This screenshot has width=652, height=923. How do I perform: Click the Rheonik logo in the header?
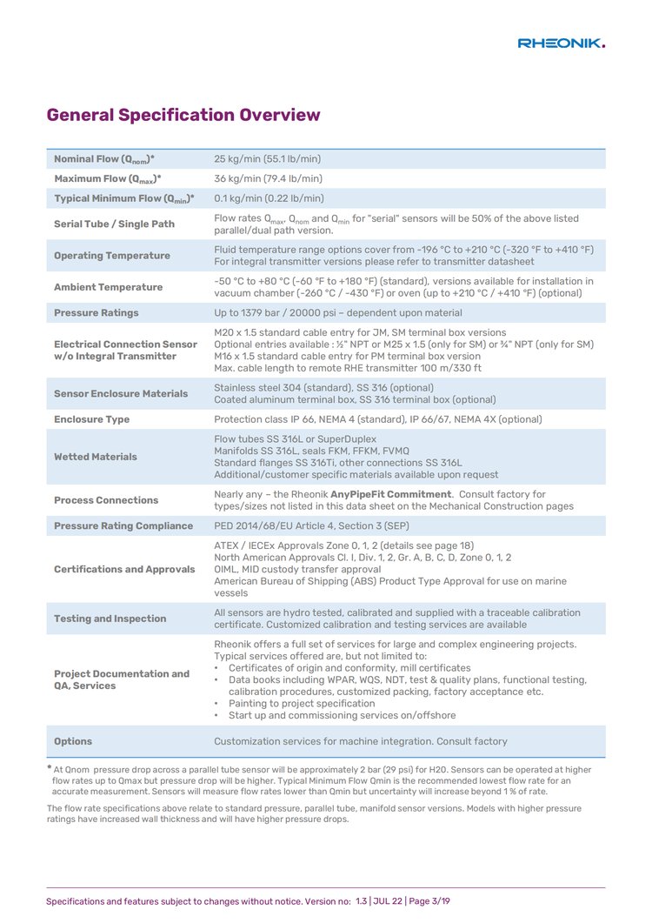pyautogui.click(x=561, y=43)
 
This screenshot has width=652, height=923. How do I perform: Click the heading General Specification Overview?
pyautogui.click(x=183, y=115)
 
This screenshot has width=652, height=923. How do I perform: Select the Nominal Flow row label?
pyautogui.click(x=104, y=159)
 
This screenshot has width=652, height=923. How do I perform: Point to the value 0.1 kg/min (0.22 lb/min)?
pyautogui.click(x=269, y=198)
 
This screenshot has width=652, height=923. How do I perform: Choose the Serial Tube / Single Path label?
pyautogui.click(x=114, y=224)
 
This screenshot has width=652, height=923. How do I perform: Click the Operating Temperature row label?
pyautogui.click(x=112, y=256)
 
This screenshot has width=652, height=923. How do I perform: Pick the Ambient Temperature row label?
pyautogui.click(x=108, y=287)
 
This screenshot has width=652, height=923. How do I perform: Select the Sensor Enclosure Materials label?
pyautogui.click(x=121, y=393)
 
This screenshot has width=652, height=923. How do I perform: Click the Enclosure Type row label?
pyautogui.click(x=91, y=419)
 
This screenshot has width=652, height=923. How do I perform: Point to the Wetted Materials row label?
pyautogui.click(x=96, y=457)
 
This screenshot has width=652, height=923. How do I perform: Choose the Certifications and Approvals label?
pyautogui.click(x=124, y=569)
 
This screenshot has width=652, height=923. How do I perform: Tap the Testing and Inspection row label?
pyautogui.click(x=110, y=619)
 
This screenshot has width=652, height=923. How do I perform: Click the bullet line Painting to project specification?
pyautogui.click(x=302, y=703)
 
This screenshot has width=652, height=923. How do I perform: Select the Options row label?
pyautogui.click(x=73, y=741)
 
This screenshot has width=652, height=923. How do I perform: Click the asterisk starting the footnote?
pyautogui.click(x=49, y=767)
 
